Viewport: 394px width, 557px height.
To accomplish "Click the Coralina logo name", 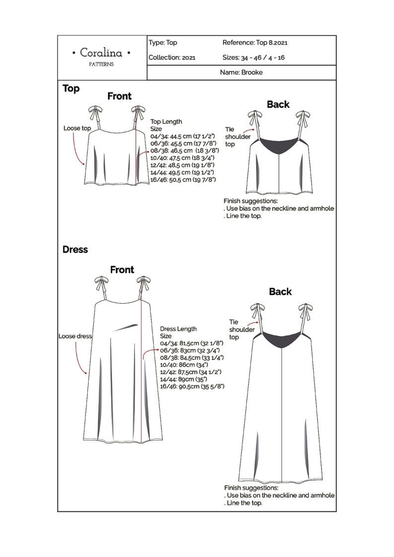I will point(102,53).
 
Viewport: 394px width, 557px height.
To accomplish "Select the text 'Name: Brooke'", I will point(241,72).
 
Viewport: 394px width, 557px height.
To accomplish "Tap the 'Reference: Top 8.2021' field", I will point(255,43).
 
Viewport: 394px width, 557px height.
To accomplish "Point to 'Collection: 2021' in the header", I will point(172,57).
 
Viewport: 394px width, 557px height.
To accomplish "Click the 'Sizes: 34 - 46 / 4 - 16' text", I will point(253,57).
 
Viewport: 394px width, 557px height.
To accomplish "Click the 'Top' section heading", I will point(71,89).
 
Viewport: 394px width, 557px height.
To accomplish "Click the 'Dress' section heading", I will point(75,249).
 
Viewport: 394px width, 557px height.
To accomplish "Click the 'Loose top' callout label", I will point(77,128).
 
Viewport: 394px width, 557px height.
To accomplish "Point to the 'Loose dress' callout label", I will point(75,336).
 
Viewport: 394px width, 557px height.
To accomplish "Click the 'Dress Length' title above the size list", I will point(178,329).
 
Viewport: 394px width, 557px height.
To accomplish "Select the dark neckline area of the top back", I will point(280,146).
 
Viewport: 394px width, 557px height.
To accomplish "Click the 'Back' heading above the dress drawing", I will point(280,291).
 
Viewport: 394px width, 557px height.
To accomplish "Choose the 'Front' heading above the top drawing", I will point(120,96).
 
